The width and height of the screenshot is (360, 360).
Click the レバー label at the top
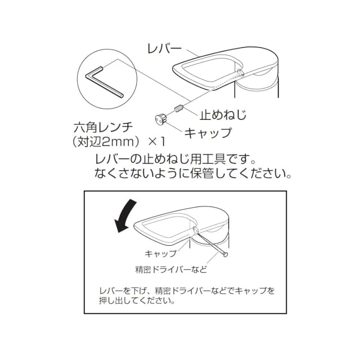(x=164, y=49)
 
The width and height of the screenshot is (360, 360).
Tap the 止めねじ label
(x=223, y=115)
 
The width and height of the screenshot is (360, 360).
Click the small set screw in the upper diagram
(x=179, y=108)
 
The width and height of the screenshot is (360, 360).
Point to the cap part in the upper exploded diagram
(x=161, y=119)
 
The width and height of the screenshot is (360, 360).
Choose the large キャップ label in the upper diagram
(x=208, y=133)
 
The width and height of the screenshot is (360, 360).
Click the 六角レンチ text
(x=103, y=128)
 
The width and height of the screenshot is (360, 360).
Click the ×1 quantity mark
(x=157, y=142)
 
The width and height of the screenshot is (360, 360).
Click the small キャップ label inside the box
(x=161, y=254)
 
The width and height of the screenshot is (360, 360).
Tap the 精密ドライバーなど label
(x=171, y=269)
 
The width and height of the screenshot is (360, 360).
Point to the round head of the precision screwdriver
(x=225, y=254)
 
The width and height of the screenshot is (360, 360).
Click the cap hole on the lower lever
(x=195, y=229)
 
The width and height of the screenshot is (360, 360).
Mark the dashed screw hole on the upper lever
(x=238, y=73)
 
